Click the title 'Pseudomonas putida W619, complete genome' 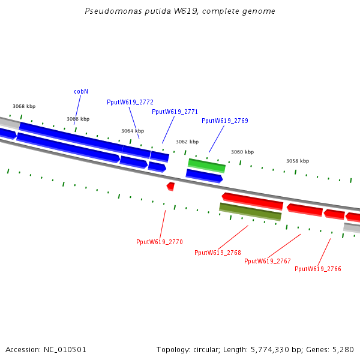(180, 11)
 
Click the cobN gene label (81, 91)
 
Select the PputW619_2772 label (130, 102)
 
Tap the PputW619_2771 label (175, 112)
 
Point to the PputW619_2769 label (224, 121)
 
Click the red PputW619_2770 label (159, 242)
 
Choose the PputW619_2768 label (217, 253)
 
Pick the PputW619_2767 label (267, 261)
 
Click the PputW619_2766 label (317, 269)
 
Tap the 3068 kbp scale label (24, 106)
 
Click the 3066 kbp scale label (78, 119)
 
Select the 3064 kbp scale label (133, 131)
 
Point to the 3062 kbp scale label (187, 142)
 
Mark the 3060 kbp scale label (242, 152)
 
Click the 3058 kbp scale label (298, 161)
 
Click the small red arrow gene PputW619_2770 (170, 186)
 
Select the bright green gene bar (206, 164)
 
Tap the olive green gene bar (250, 211)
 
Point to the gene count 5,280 (343, 349)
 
